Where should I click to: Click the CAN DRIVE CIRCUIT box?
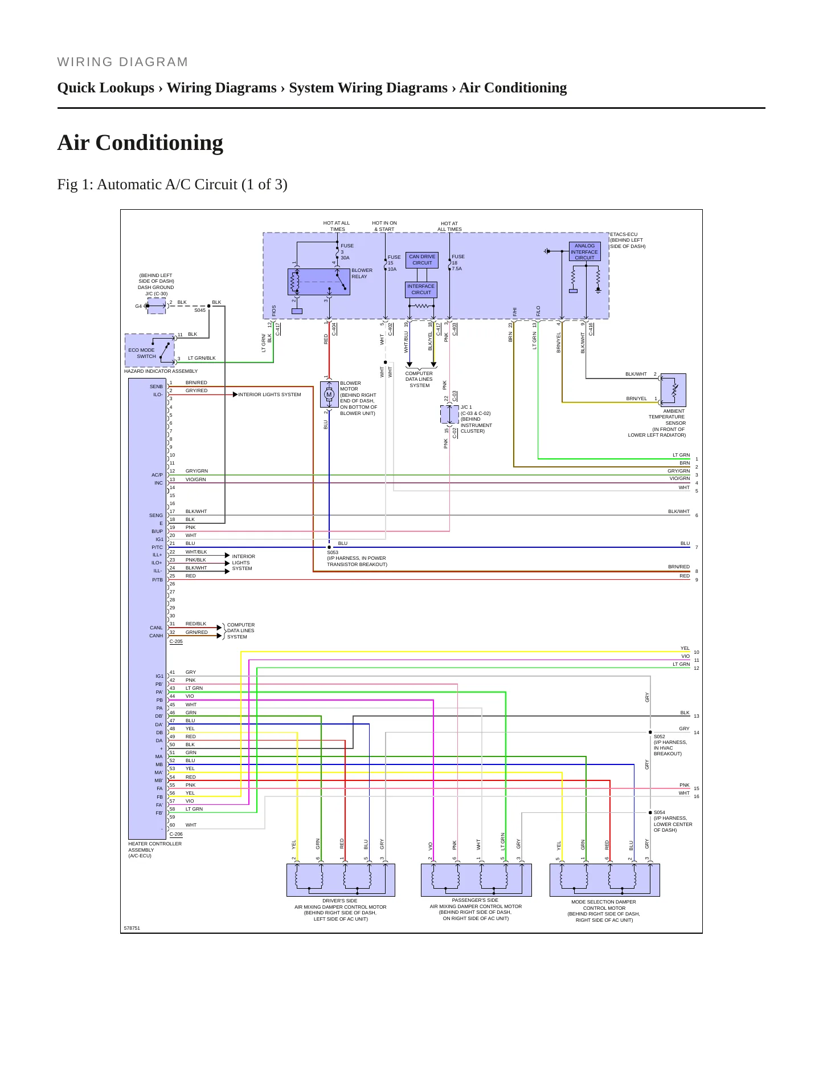pyautogui.click(x=422, y=260)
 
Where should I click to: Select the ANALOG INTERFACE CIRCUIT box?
pyautogui.click(x=585, y=251)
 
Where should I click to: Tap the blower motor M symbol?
pyautogui.click(x=329, y=394)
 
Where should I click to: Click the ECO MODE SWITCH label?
pyautogui.click(x=142, y=353)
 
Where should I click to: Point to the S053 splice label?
pyautogui.click(x=333, y=552)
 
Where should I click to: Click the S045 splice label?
pyautogui.click(x=200, y=310)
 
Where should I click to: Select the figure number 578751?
pyautogui.click(x=132, y=928)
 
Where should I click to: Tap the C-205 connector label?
pyautogui.click(x=177, y=641)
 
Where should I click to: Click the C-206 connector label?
pyautogui.click(x=177, y=834)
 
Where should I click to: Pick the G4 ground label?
pyautogui.click(x=138, y=306)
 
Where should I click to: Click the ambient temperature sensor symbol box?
pyautogui.click(x=673, y=390)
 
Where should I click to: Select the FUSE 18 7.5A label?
pyautogui.click(x=457, y=263)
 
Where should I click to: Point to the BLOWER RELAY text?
pyautogui.click(x=362, y=274)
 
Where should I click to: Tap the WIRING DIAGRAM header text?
pyautogui.click(x=123, y=62)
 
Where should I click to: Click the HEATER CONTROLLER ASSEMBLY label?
pyautogui.click(x=155, y=849)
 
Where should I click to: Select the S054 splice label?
pyautogui.click(x=660, y=812)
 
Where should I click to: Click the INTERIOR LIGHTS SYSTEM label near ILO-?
pyautogui.click(x=269, y=394)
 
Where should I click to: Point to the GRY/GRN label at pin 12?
pyautogui.click(x=196, y=471)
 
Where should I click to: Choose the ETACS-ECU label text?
pyautogui.click(x=624, y=234)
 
